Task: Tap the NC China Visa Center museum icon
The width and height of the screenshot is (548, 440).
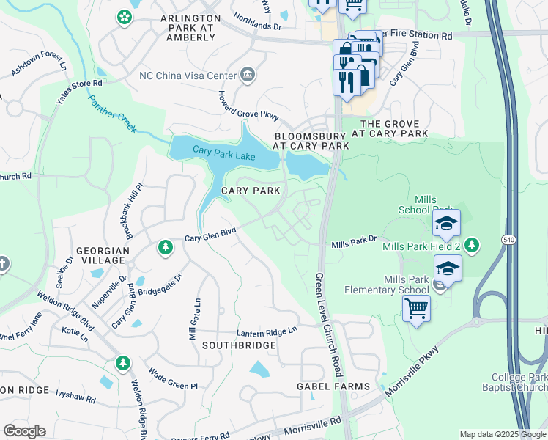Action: (x=248, y=74)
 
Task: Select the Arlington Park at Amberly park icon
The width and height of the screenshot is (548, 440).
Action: (x=125, y=17)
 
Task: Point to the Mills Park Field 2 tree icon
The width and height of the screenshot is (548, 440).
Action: (x=473, y=245)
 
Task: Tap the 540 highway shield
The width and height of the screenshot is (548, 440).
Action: (x=507, y=240)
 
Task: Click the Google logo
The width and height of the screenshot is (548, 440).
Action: (x=24, y=430)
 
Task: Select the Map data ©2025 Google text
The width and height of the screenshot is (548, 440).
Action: (x=502, y=434)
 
